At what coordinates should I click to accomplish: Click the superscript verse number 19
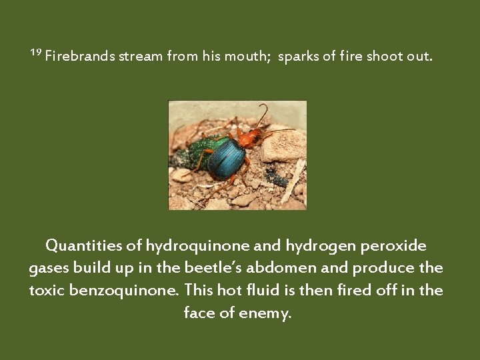pos(36,53)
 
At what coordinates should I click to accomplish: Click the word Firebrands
pos(79,57)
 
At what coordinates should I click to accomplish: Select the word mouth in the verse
pos(247,57)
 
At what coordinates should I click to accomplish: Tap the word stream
pos(141,57)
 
